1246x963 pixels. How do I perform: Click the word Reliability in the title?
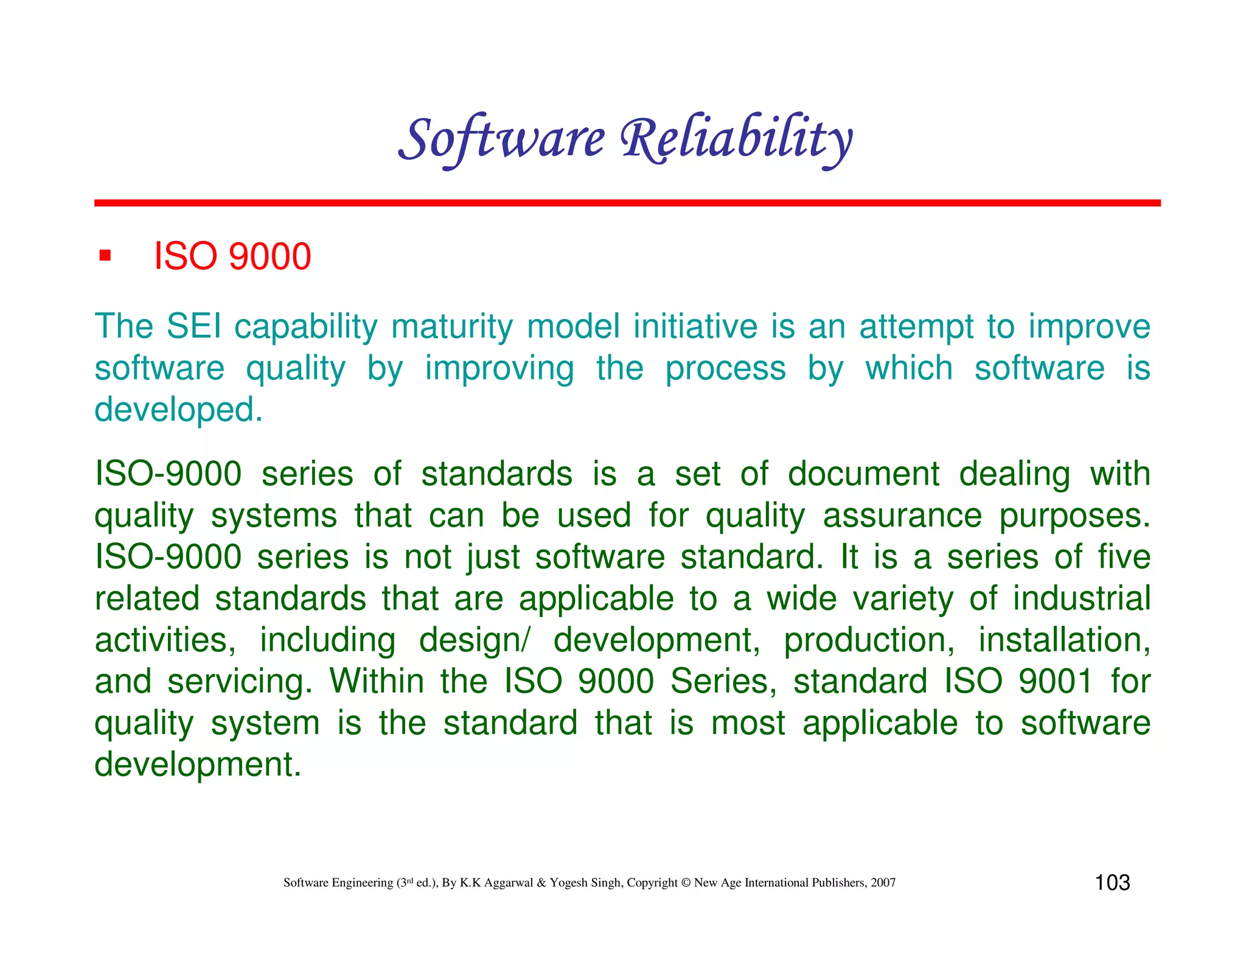click(736, 139)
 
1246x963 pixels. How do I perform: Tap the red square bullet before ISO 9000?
click(105, 256)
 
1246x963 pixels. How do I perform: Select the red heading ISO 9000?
click(232, 256)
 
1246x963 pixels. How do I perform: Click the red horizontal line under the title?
click(627, 203)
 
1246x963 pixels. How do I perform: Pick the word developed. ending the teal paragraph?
click(178, 409)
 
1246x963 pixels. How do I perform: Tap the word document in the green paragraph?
click(863, 474)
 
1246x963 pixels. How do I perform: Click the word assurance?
click(902, 516)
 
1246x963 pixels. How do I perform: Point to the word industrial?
click(1081, 599)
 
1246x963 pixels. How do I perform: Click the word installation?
click(1064, 640)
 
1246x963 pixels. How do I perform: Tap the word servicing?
click(239, 682)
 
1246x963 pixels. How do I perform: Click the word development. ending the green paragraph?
click(198, 765)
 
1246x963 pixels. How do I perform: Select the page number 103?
click(1112, 883)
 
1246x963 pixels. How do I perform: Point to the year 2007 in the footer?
click(883, 883)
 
